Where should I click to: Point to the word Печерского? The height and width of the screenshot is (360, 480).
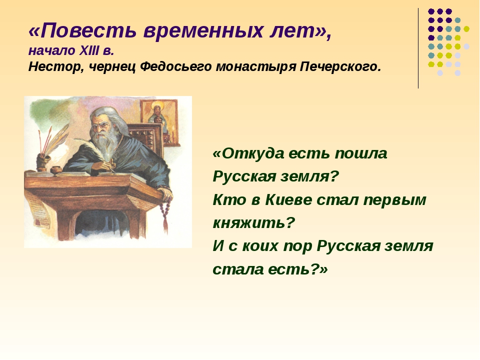tap(340, 66)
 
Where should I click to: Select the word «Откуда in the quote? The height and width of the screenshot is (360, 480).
tap(248, 153)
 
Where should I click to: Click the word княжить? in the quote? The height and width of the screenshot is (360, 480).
tap(253, 223)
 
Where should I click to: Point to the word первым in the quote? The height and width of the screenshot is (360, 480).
tap(394, 200)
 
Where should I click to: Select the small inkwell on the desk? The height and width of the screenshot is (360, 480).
tap(56, 170)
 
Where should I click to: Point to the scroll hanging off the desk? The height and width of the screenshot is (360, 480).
tap(34, 210)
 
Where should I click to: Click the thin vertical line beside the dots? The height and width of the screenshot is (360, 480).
tap(418, 48)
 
